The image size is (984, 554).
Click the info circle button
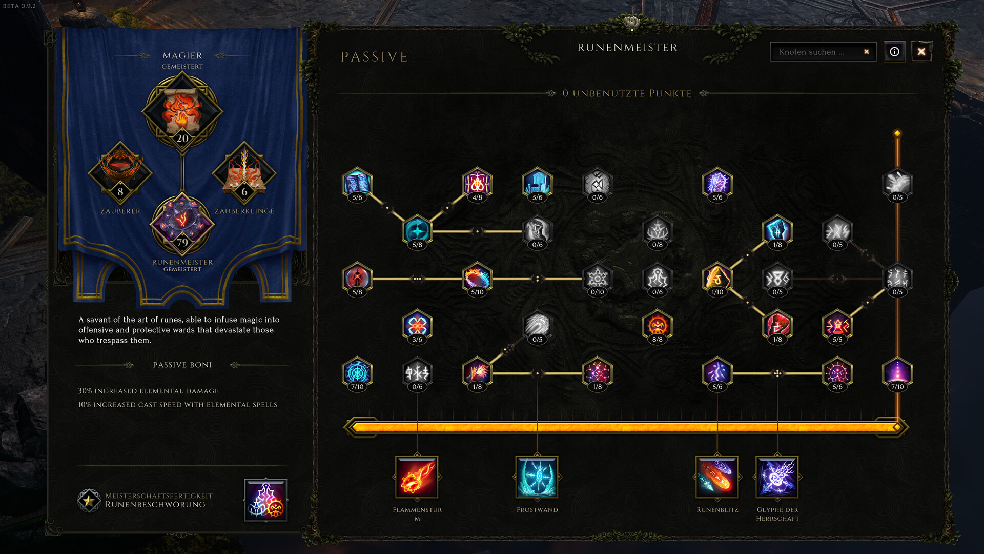pyautogui.click(x=894, y=52)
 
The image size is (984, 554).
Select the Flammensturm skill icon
pyautogui.click(x=417, y=477)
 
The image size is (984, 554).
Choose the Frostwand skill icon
pyautogui.click(x=537, y=477)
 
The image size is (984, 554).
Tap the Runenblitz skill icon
pyautogui.click(x=717, y=477)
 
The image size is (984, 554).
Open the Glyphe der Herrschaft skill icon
pyautogui.click(x=777, y=477)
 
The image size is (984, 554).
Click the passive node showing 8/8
pyautogui.click(x=657, y=327)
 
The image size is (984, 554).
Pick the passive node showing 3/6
pyautogui.click(x=417, y=327)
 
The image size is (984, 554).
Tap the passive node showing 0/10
pyautogui.click(x=597, y=280)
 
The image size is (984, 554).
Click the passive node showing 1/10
pyautogui.click(x=717, y=280)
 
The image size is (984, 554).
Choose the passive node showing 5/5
pyautogui.click(x=837, y=327)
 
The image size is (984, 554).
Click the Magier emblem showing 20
pyautogui.click(x=182, y=112)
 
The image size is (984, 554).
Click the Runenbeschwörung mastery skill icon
pyautogui.click(x=265, y=500)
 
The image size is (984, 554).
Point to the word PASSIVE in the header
pyautogui.click(x=374, y=57)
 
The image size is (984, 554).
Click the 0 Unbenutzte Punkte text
pyautogui.click(x=627, y=93)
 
